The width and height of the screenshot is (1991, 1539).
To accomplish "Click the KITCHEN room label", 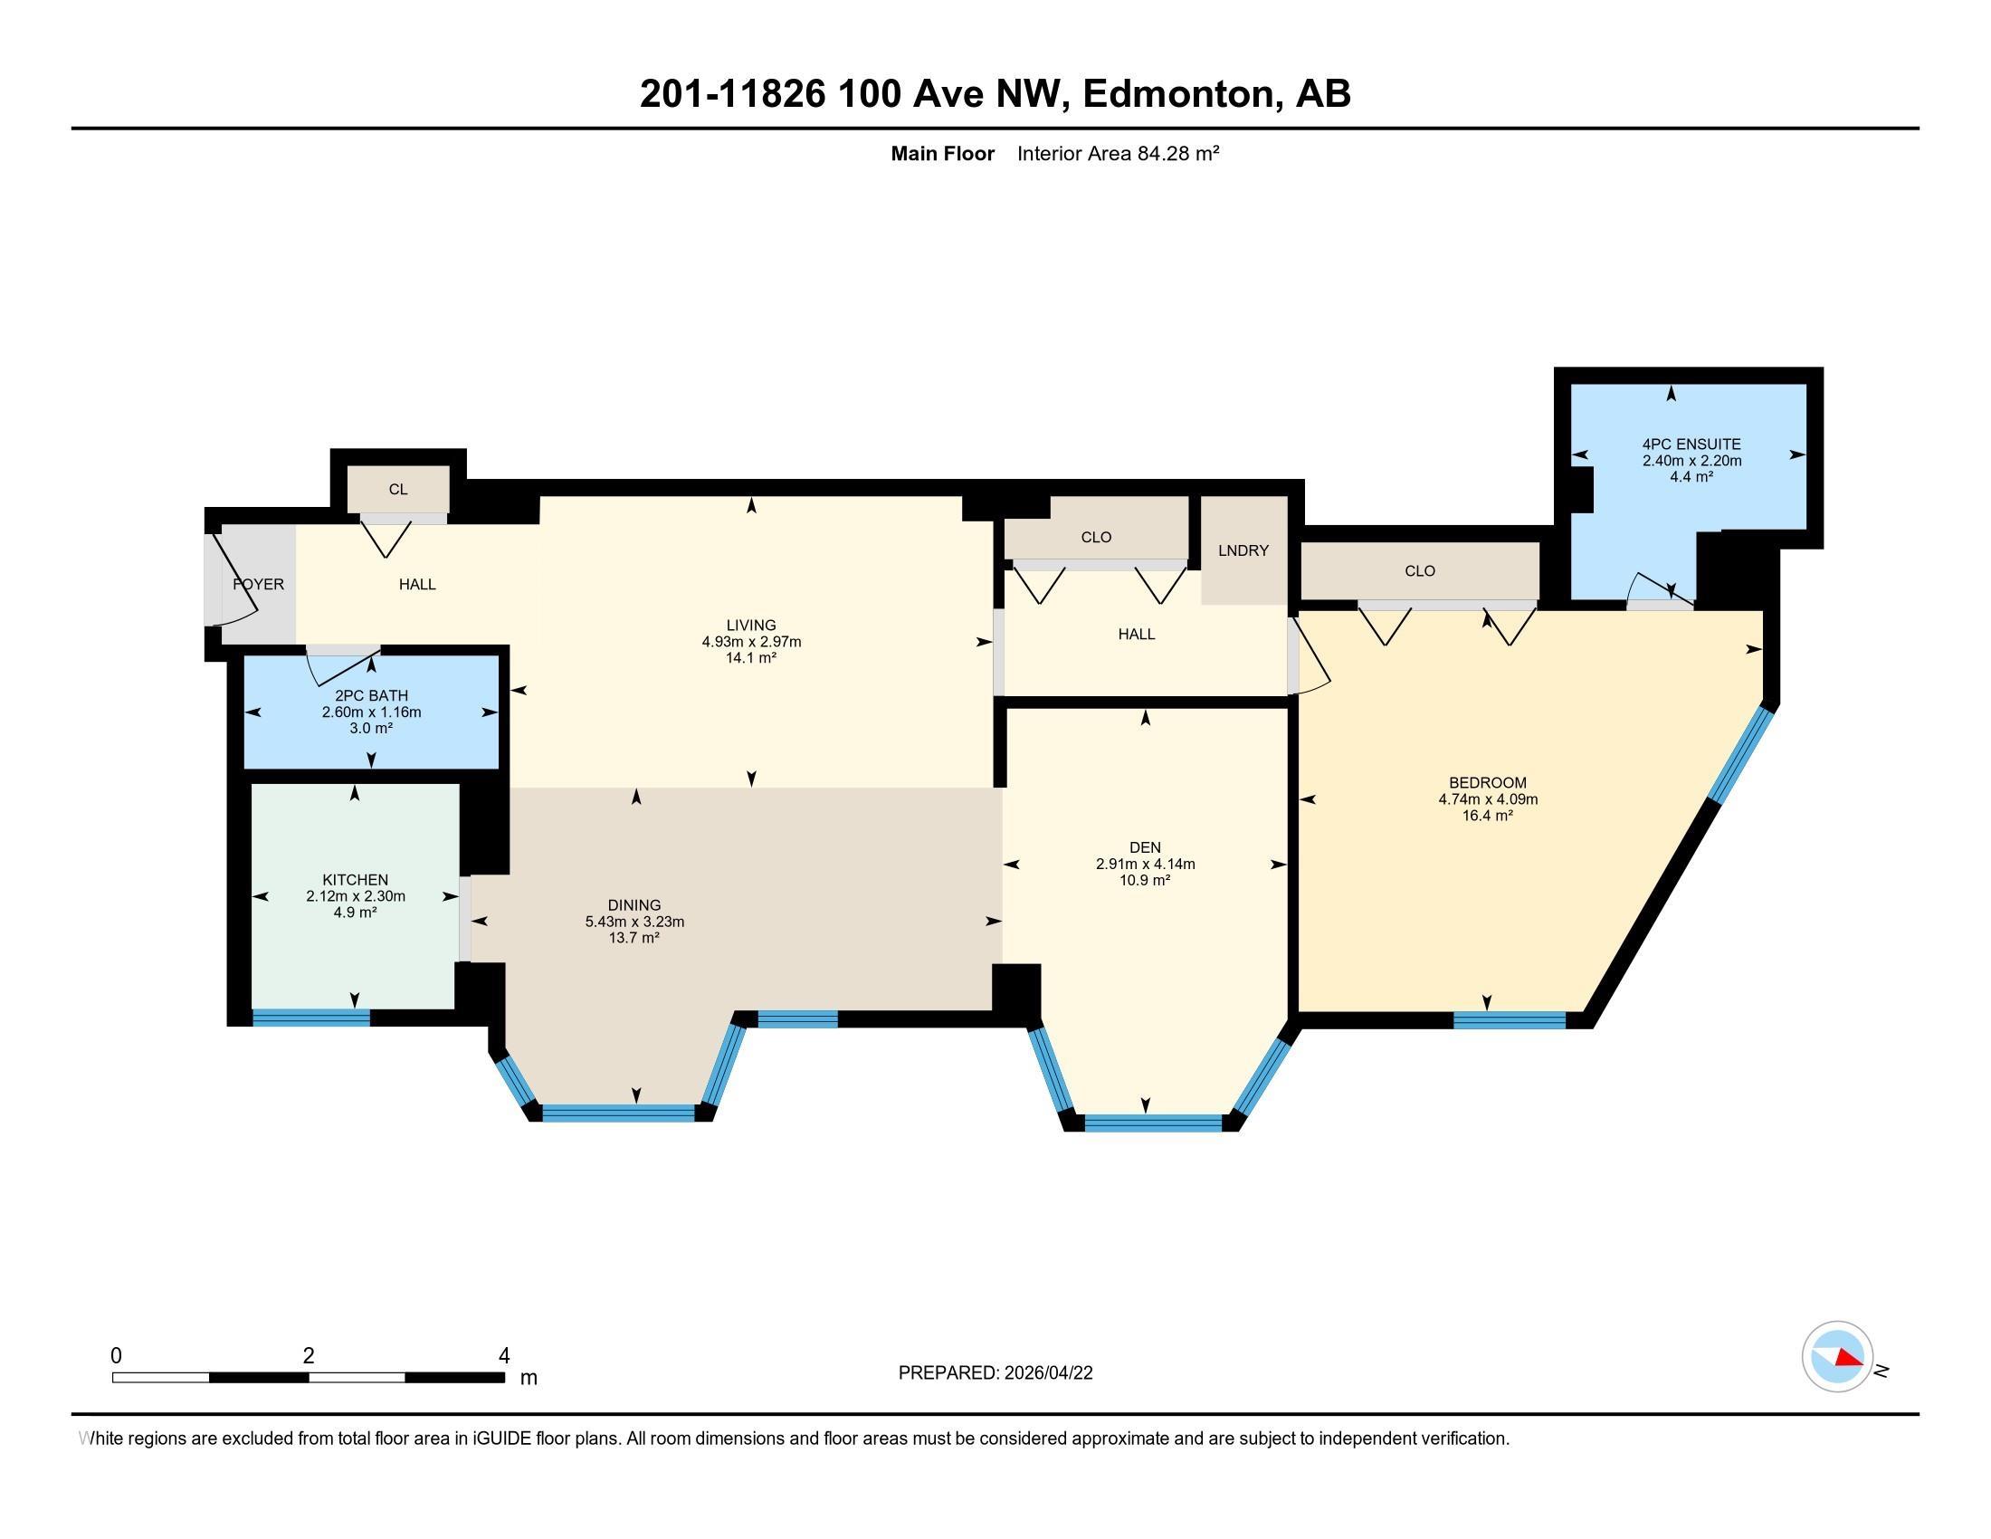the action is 356,880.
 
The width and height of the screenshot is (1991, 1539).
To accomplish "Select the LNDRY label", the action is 1243,550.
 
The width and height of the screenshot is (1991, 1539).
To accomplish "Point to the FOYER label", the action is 259,585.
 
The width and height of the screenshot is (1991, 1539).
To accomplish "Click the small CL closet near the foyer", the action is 398,490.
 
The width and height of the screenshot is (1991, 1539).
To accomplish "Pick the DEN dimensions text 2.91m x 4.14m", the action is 1145,865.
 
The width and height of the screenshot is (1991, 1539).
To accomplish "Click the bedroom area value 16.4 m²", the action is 1488,816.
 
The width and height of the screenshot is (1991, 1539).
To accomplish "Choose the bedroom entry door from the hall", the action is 1310,655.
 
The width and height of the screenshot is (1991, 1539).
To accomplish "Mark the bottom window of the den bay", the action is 1153,1123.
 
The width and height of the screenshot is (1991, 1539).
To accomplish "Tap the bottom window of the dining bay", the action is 619,1113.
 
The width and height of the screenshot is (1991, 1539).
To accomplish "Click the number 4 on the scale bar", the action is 504,1356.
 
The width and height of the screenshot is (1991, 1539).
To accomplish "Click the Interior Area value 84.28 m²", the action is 1177,153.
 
